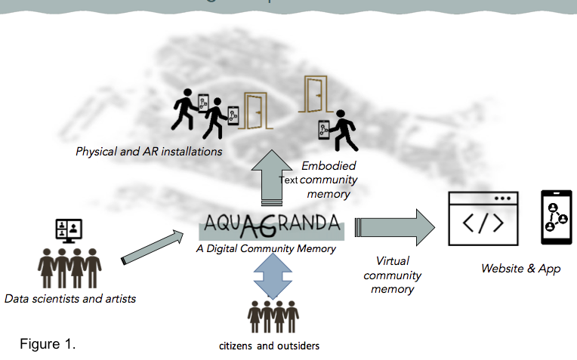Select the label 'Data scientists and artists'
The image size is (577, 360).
pos(70,299)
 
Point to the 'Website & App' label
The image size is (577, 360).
pos(520,269)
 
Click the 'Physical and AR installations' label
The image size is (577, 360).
pos(149,152)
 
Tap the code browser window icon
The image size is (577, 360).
pos(483,218)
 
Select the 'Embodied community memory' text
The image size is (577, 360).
pos(329,180)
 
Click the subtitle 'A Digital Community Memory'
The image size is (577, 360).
pos(265,248)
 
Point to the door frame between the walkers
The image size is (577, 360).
pos(255,109)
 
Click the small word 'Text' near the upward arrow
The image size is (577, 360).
pos(289,180)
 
